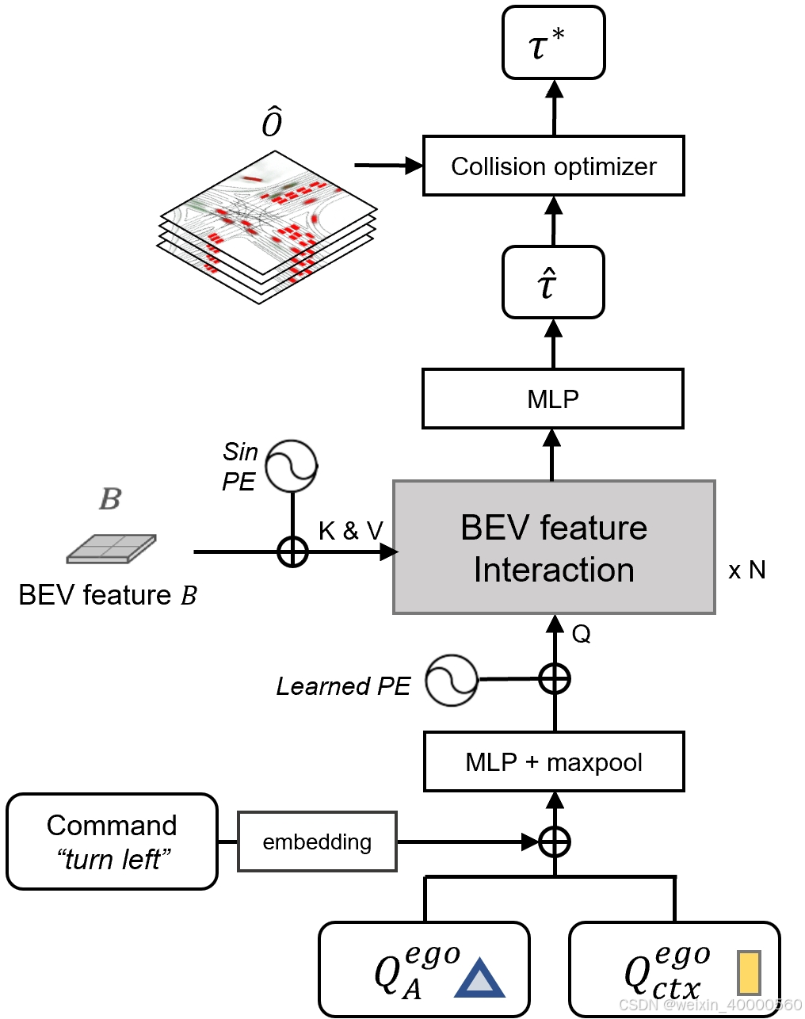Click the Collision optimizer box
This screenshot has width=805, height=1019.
553,166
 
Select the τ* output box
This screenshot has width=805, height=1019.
554,43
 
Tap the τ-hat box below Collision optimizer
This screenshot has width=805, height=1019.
553,283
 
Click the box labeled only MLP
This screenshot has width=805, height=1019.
552,399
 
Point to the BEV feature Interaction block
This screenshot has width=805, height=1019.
554,548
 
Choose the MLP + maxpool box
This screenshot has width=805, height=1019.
554,762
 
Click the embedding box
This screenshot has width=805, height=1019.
317,842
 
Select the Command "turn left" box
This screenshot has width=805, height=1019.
112,842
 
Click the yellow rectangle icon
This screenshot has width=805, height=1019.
749,972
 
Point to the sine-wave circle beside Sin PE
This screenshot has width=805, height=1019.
292,466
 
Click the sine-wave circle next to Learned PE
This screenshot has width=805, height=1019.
452,680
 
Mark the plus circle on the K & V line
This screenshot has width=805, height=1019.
292,551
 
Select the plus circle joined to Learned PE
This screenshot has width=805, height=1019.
554,679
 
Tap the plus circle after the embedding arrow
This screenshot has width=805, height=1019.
554,842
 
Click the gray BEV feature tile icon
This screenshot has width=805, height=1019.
111,548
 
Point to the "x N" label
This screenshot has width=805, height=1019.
746,571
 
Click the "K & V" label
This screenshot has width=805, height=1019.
350,531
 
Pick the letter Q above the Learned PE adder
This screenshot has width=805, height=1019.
581,634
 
